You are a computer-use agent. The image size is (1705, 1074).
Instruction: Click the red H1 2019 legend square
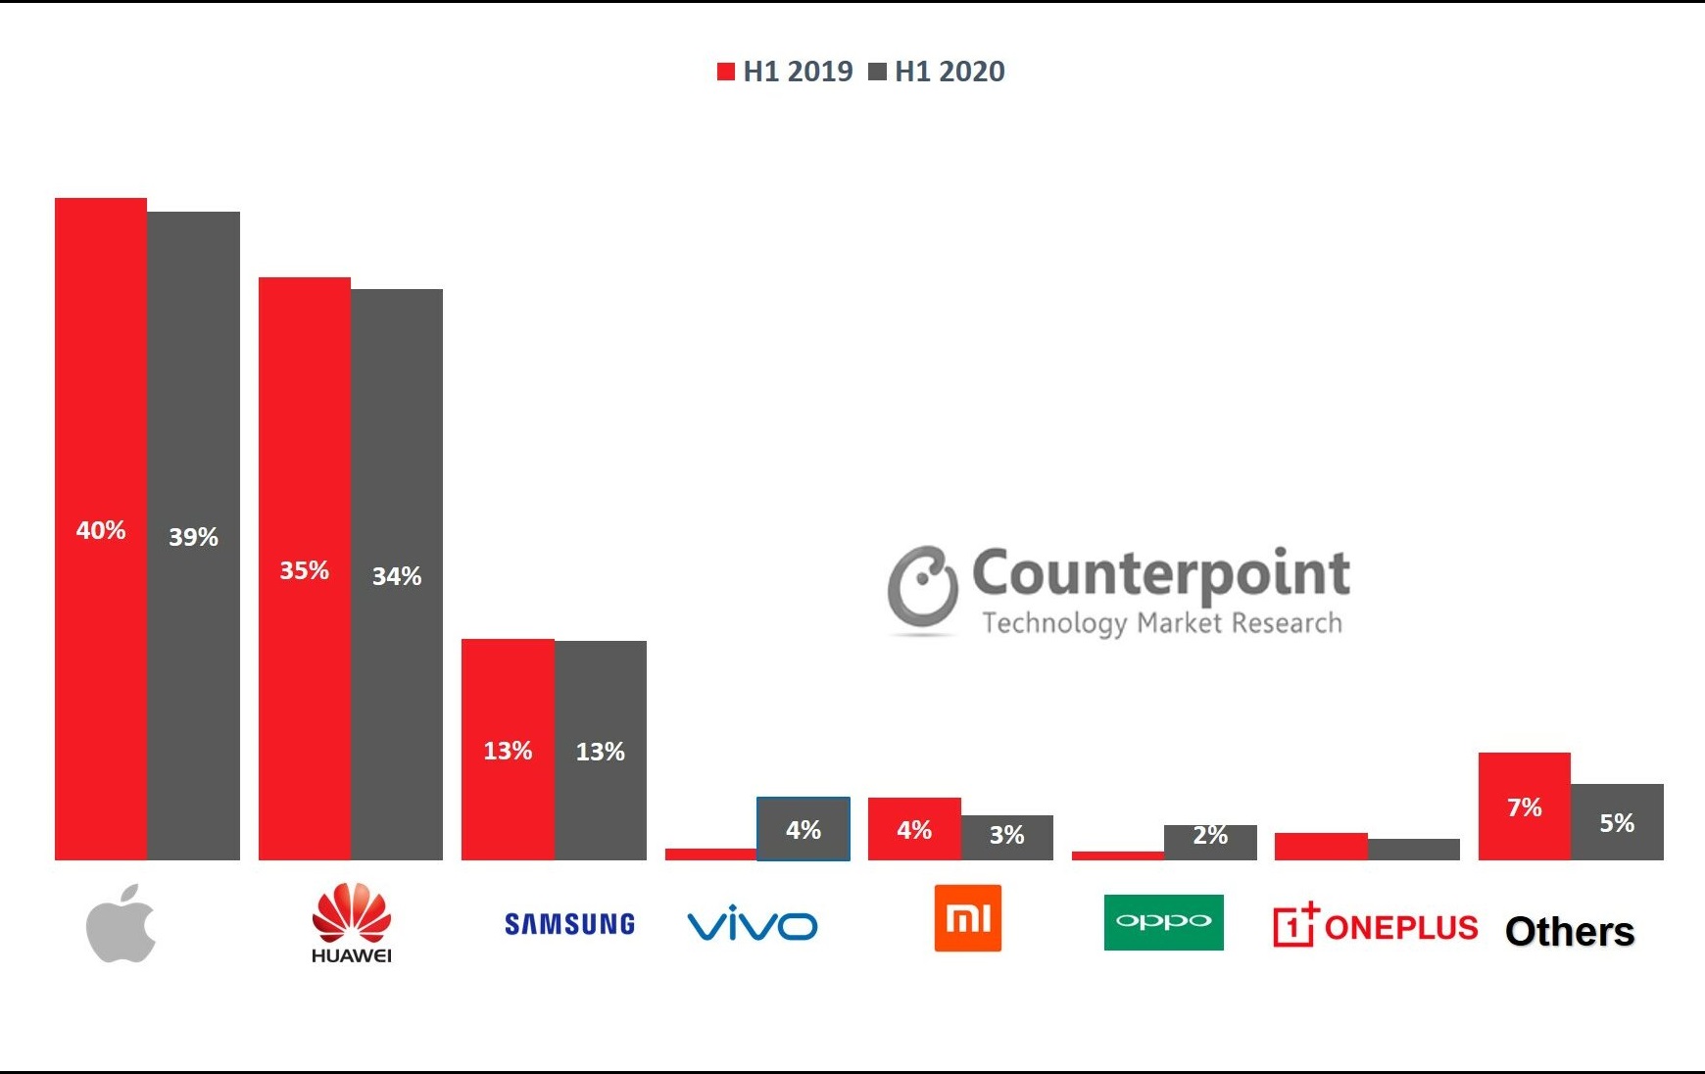[726, 72]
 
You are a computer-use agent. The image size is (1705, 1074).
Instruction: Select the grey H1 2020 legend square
[878, 72]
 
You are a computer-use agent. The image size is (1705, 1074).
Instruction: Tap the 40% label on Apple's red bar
[101, 530]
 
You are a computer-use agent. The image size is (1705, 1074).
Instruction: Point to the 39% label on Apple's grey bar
[193, 537]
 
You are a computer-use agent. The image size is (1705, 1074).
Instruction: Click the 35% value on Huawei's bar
[304, 570]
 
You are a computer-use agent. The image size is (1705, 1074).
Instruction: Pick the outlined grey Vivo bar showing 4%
[804, 829]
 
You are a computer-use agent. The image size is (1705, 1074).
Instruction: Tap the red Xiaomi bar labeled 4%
[914, 829]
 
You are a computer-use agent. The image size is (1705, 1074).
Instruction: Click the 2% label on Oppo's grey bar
[1210, 835]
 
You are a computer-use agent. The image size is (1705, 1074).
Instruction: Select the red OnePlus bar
[1321, 847]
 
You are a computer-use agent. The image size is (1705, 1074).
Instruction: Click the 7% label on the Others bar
[1524, 807]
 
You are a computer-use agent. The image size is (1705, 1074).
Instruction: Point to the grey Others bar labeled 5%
[1617, 822]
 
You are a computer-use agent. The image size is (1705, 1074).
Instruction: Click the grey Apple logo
[122, 923]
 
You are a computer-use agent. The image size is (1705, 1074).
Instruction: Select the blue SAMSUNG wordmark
[569, 924]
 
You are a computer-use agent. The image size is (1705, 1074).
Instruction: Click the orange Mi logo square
[967, 918]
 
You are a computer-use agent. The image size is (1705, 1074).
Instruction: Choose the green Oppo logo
[1163, 922]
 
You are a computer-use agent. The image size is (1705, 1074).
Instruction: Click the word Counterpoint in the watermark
[1160, 574]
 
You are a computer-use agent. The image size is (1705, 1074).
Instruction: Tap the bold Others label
[1569, 931]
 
